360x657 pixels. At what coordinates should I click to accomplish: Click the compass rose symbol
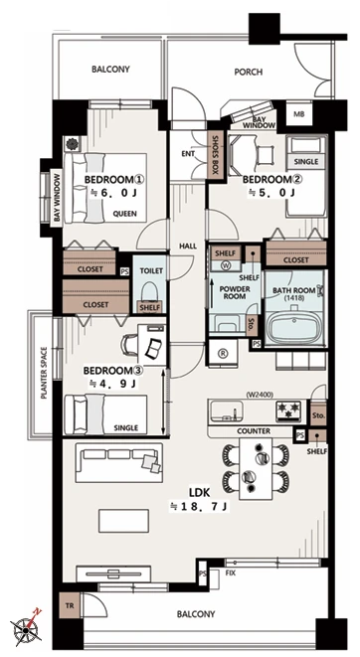coord(27,627)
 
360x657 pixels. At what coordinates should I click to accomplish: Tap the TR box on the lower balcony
coord(69,605)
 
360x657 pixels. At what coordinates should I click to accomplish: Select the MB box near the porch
coord(298,114)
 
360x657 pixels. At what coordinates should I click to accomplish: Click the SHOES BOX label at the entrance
coord(216,153)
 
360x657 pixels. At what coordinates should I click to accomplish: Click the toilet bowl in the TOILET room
coord(150,292)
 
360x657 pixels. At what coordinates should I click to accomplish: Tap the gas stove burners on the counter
coord(288,410)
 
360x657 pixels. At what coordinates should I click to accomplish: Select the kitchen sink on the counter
coord(227,411)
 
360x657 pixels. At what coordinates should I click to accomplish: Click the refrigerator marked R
coord(223,353)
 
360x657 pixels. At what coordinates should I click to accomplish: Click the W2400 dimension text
coord(261,394)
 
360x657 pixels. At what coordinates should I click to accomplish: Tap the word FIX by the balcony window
coord(230,573)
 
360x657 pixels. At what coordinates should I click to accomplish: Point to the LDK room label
coord(199,492)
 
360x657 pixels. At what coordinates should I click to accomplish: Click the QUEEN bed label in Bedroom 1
coord(125,214)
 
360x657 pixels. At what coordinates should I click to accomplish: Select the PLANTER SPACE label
coord(44,373)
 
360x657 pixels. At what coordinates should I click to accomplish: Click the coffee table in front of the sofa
coord(123,521)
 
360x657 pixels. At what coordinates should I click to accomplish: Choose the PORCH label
coord(248,73)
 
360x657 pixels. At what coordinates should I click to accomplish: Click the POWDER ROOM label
coord(235,292)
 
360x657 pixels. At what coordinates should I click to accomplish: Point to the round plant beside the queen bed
coord(72,144)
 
